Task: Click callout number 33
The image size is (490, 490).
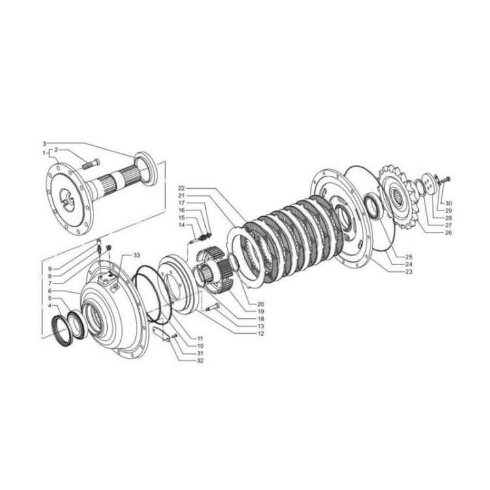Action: pos(137,255)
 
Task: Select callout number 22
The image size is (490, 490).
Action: pos(182,188)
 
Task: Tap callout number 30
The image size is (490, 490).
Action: pos(448,203)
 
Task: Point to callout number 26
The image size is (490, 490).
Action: pos(448,233)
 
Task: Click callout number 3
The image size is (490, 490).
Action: pos(44,144)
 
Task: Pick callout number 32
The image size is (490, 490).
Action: pos(200,360)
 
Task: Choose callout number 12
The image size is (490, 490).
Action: pos(260,333)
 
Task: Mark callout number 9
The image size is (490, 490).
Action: pos(50,269)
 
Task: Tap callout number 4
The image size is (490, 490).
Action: pos(50,305)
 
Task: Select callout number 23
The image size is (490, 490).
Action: pos(409,272)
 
